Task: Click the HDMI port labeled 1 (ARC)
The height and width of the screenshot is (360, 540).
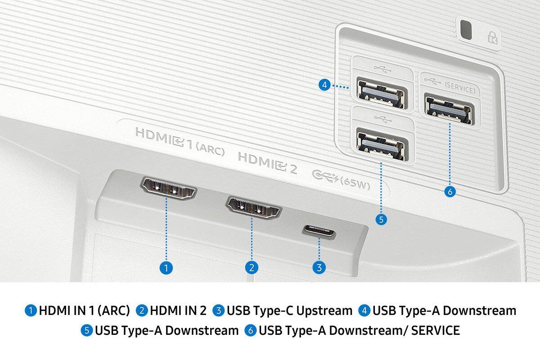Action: tap(168, 189)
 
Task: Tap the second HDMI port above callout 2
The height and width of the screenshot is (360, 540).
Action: tap(254, 209)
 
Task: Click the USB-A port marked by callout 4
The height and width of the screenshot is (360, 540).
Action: tap(379, 93)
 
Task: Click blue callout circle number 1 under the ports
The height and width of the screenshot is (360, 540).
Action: tap(166, 268)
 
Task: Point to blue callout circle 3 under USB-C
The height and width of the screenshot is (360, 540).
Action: tap(319, 267)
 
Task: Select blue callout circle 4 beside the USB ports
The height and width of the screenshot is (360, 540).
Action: tap(324, 85)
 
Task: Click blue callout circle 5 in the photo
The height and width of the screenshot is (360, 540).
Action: tap(381, 220)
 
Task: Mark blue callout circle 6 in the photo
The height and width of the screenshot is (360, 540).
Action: tap(450, 191)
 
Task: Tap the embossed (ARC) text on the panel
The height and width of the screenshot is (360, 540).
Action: tap(210, 149)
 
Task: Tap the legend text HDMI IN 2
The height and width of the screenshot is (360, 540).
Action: tap(178, 310)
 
